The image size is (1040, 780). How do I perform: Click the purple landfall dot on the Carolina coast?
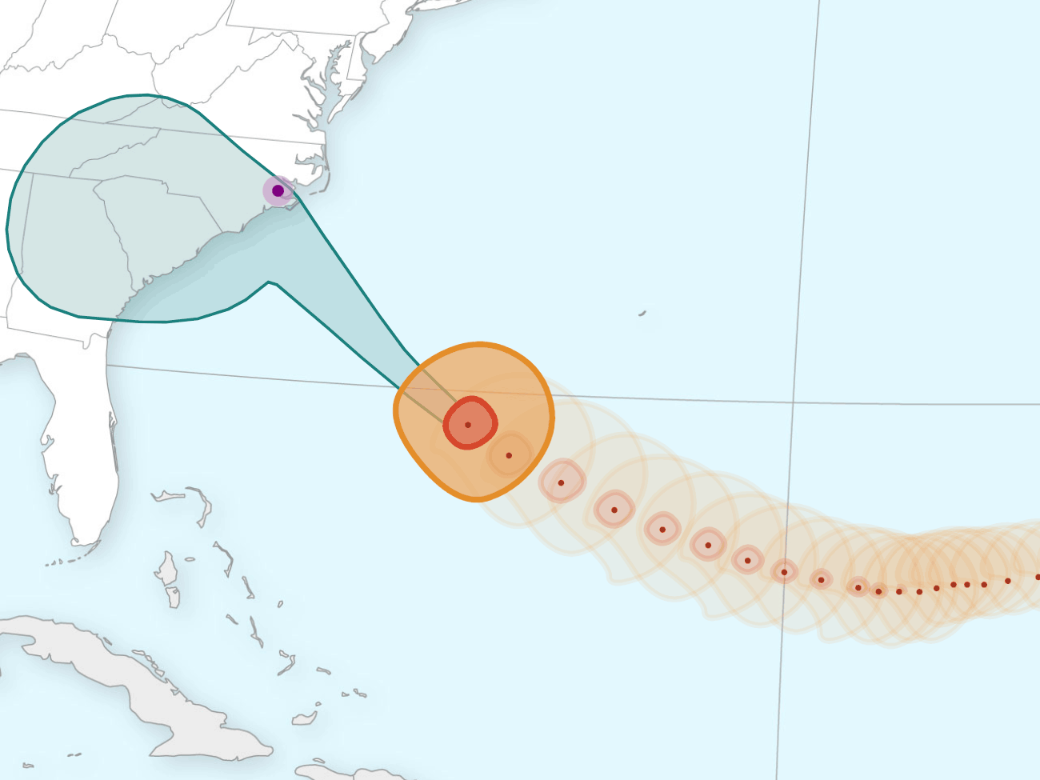pos(278,190)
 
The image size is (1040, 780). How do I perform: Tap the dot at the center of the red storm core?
pos(468,425)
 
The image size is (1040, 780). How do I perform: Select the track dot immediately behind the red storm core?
pos(509,456)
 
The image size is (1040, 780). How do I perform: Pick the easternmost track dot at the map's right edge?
pos(1038,577)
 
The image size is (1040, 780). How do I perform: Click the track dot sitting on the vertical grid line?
pos(784,572)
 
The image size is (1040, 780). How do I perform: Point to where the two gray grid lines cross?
pos(793,402)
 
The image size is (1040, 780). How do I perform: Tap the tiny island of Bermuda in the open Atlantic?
pos(642,314)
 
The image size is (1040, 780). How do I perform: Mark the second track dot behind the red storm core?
pos(561,483)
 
